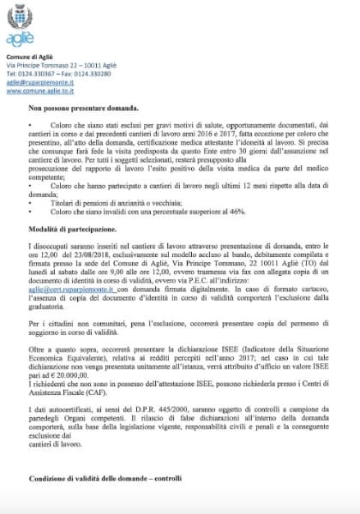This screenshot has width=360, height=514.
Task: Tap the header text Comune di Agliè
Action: click(29, 55)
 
